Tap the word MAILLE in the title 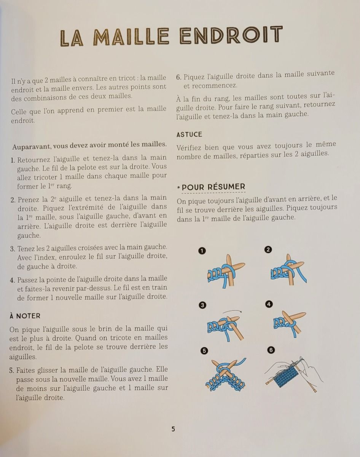(131, 37)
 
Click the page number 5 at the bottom (173, 429)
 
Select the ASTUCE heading (190, 134)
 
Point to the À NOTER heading (25, 316)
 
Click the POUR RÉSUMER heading (213, 187)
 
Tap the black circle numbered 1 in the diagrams (202, 251)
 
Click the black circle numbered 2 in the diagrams (268, 250)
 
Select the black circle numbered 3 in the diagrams (202, 305)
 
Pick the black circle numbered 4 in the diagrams (269, 304)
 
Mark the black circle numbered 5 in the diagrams (204, 351)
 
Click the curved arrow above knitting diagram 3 (232, 310)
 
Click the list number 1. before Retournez (13, 160)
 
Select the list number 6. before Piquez (179, 77)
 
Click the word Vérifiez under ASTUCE (189, 147)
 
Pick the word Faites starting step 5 (25, 371)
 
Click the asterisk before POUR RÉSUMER (179, 188)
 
